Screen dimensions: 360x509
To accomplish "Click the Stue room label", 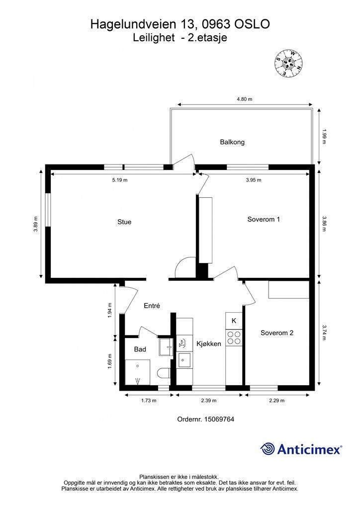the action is (124, 222).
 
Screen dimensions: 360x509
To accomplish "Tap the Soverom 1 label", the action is (264, 219).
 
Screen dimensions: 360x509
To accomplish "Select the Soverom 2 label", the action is (277, 333).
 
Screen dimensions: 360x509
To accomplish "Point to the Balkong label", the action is (232, 142).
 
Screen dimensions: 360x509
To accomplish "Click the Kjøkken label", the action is (209, 344).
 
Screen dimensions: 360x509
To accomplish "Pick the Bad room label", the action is (140, 349).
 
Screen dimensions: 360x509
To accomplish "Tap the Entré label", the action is (152, 306).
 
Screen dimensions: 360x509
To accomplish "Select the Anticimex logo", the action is (301, 449).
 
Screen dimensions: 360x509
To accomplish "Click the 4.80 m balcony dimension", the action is (245, 99).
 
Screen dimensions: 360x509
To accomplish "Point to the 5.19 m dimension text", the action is (120, 180).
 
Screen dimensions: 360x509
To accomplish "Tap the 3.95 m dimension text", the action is (254, 180).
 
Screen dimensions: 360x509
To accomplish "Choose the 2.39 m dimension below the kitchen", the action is (209, 401).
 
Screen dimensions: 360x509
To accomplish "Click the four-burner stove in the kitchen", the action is (234, 338).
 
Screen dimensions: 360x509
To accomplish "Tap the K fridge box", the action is (234, 321).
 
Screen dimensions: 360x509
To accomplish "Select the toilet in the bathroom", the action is (164, 373).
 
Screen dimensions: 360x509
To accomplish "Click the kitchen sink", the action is (184, 360).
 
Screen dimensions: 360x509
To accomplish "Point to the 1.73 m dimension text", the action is (149, 401).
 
